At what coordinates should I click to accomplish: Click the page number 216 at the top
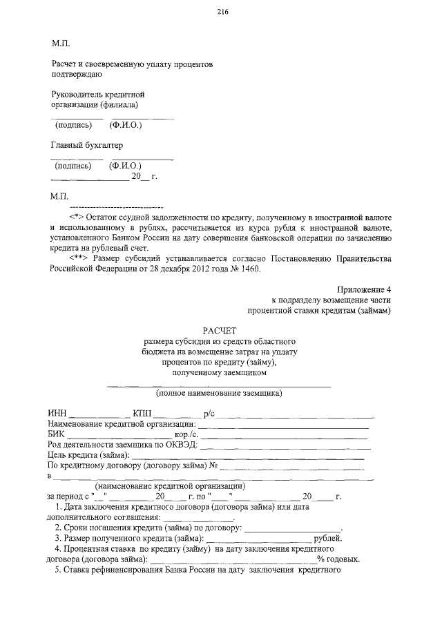(x=222, y=12)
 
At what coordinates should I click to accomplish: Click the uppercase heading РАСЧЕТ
(x=220, y=331)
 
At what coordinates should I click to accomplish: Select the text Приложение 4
(x=365, y=289)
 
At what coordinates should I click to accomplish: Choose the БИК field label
(x=57, y=434)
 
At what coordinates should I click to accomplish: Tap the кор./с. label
(x=187, y=434)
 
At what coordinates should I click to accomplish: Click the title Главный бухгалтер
(x=87, y=146)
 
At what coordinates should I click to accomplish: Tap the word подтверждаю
(x=77, y=73)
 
